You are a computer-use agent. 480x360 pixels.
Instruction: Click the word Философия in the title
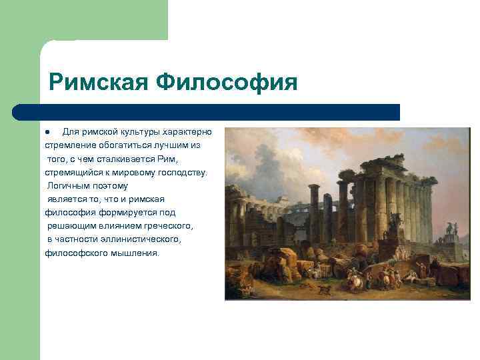tap(226, 83)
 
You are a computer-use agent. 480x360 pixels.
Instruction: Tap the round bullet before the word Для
tap(47, 131)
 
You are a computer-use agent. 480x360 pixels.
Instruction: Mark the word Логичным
tap(70, 186)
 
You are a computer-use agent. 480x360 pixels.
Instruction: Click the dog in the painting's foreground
tap(325, 291)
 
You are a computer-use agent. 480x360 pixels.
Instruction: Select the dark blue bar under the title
tap(207, 111)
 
